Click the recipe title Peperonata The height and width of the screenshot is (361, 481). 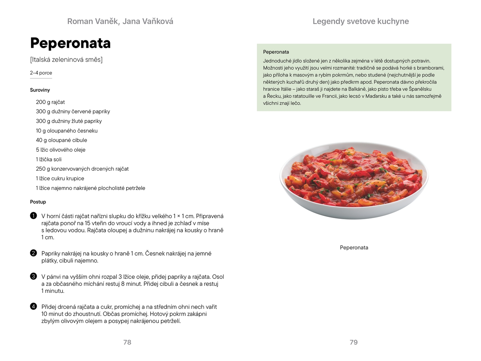70,43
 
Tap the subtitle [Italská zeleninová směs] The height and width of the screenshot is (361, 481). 66,60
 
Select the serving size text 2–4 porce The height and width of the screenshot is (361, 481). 41,73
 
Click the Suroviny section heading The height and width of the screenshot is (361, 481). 40,90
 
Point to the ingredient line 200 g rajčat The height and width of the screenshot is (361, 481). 50,102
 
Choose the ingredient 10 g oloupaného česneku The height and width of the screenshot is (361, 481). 67,131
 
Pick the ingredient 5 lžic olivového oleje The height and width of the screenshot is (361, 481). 61,150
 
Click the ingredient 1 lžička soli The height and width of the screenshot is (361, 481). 49,160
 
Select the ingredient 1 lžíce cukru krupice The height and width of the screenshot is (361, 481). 60,178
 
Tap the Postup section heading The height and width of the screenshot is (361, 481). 38,202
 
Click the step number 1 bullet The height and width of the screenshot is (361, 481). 34,216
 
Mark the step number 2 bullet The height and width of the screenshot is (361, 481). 34,253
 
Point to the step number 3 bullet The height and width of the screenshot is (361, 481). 34,277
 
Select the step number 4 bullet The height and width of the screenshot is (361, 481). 34,307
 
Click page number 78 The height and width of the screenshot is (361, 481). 127,342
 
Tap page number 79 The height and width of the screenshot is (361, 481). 354,342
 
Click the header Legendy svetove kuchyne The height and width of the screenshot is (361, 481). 361,21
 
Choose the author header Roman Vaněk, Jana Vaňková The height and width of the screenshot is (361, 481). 120,21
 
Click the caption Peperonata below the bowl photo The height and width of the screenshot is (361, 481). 354,248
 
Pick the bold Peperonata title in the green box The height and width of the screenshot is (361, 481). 276,52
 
